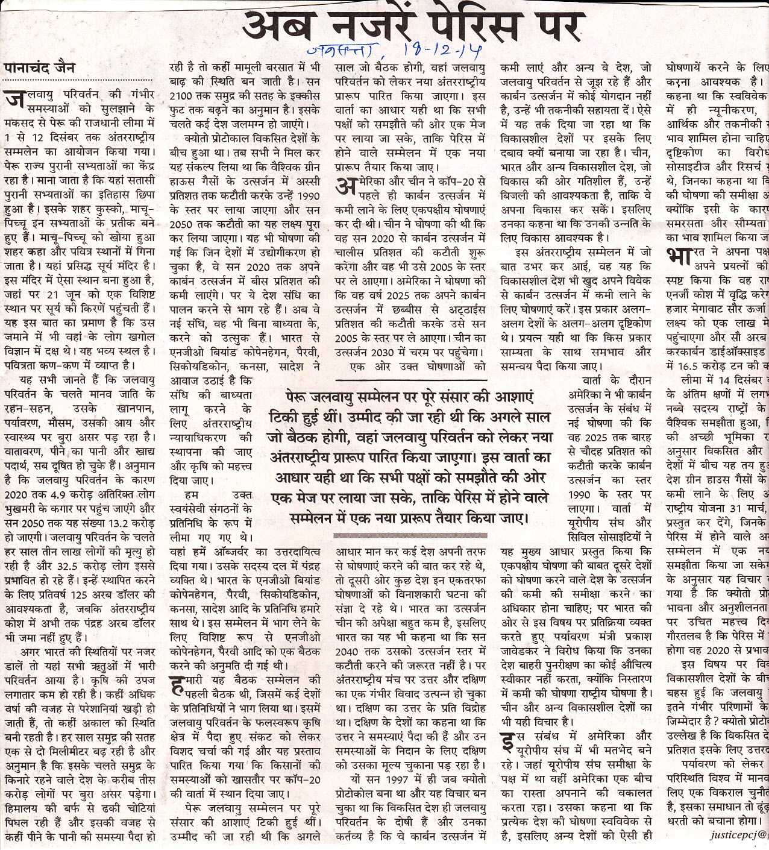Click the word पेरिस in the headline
coord(457,26)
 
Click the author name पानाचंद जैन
coord(40,68)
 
